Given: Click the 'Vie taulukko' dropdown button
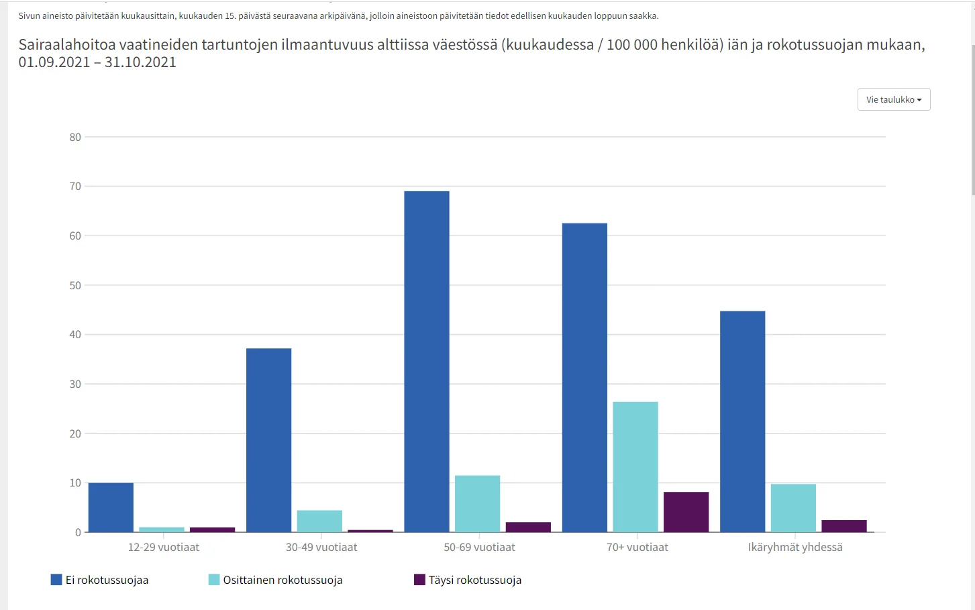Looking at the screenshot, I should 893,99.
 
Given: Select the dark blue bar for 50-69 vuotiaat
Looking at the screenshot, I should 427,362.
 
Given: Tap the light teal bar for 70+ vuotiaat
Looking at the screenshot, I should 635,467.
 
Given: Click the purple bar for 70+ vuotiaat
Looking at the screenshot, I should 686,512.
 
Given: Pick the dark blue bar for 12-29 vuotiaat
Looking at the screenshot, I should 111,507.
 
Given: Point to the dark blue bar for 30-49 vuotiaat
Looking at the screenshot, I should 268,440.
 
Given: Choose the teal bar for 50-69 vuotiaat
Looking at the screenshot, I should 477,504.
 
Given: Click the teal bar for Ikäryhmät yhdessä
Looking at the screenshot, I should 793,508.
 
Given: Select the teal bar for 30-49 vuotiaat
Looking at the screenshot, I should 319,521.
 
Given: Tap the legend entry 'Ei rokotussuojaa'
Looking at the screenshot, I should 100,580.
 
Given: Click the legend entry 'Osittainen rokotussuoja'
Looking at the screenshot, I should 276,580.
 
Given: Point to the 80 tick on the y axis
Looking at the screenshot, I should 75,137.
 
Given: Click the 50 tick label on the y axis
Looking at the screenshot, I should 75,285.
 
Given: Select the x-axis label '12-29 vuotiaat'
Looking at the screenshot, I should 164,547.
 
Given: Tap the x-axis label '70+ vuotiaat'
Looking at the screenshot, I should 637,547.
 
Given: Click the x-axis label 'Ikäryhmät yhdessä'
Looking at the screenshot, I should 795,547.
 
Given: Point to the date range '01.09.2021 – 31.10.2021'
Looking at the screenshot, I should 97,62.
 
